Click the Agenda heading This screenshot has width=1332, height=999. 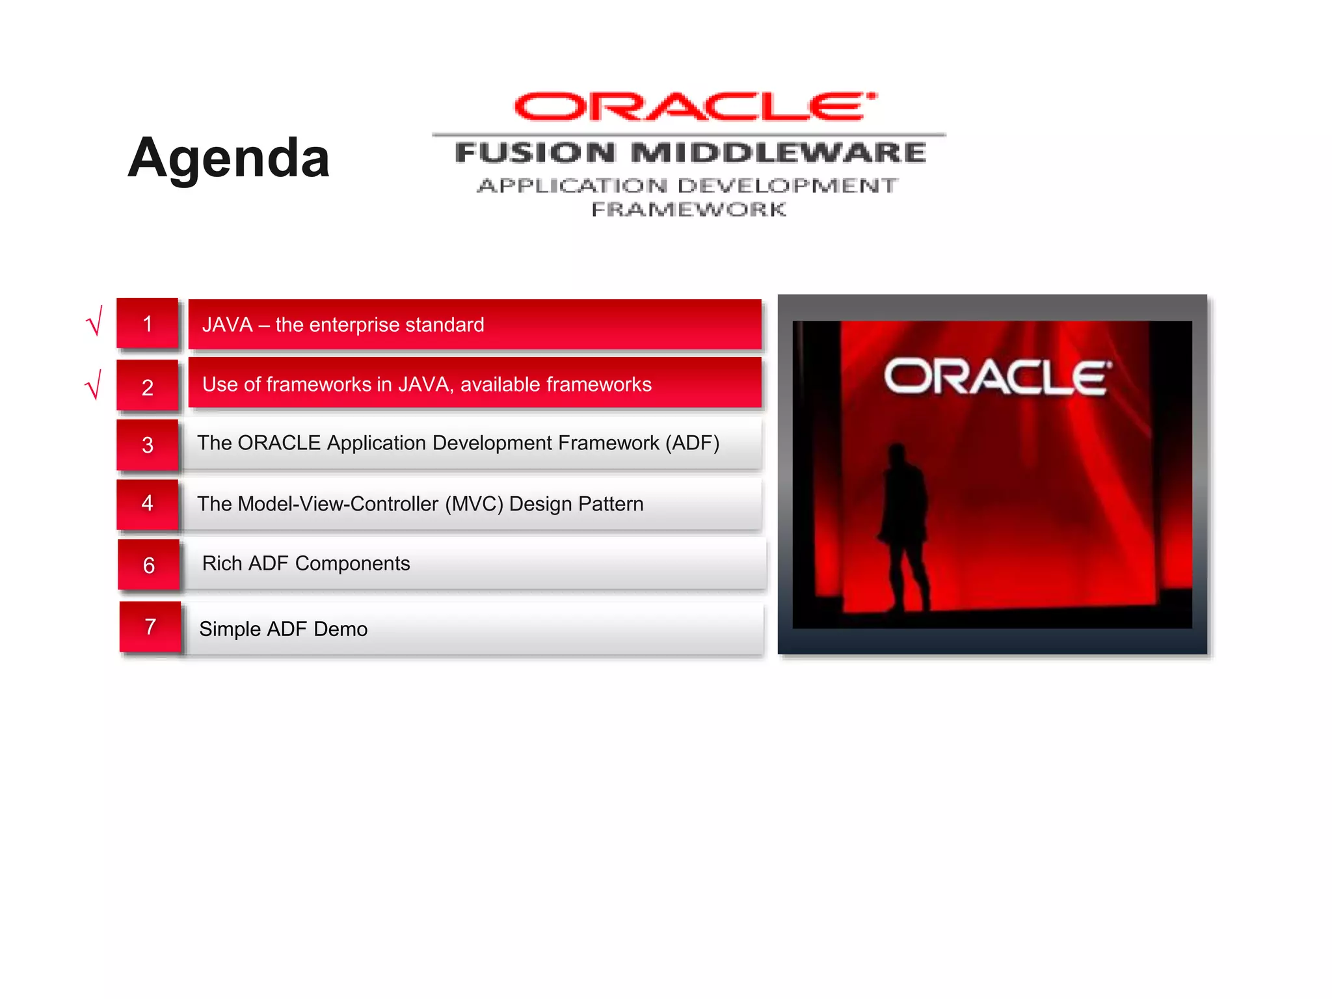pos(228,158)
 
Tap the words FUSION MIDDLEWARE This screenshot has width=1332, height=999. pos(690,153)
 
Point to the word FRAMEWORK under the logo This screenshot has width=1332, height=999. pos(689,209)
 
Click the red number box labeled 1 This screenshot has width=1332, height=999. pos(148,324)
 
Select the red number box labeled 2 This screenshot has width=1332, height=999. pos(148,386)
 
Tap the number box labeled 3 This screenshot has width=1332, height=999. pos(148,445)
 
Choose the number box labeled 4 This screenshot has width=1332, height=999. pos(148,503)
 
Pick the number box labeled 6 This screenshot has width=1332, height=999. pos(149,565)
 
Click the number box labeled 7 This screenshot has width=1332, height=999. pos(150,627)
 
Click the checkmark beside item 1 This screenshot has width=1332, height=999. pos(94,322)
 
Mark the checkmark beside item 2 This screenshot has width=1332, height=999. pos(94,385)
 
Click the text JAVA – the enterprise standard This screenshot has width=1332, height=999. pos(343,325)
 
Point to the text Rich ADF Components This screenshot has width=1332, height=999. pos(306,563)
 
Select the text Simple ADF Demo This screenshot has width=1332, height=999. pos(283,629)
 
